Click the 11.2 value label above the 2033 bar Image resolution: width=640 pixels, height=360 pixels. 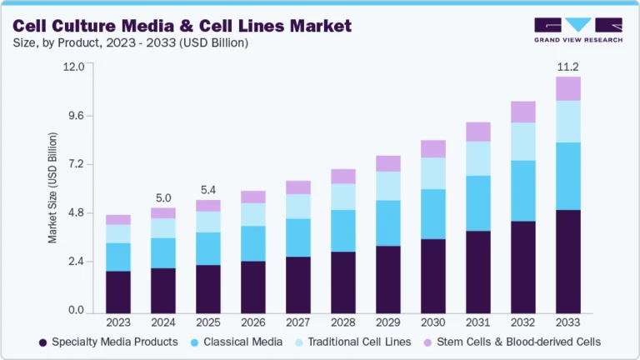pyautogui.click(x=568, y=67)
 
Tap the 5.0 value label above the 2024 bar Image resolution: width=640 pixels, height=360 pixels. pyautogui.click(x=163, y=197)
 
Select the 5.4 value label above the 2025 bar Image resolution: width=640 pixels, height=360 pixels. pyautogui.click(x=208, y=189)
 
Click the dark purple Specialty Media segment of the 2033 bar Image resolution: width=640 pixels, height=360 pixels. pyautogui.click(x=568, y=262)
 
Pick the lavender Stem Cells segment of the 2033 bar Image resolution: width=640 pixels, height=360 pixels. pyautogui.click(x=568, y=88)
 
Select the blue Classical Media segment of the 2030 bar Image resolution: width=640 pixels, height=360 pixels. pyautogui.click(x=433, y=214)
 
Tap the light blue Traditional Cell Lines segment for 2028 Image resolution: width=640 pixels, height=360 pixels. pyautogui.click(x=343, y=197)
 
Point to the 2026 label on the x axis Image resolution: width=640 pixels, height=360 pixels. pyautogui.click(x=253, y=323)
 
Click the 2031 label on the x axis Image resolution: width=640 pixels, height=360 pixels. pyautogui.click(x=478, y=323)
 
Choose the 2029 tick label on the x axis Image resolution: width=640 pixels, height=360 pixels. pyautogui.click(x=388, y=323)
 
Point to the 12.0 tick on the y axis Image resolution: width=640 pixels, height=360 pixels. pyautogui.click(x=73, y=67)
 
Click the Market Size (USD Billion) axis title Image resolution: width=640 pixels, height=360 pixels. pyautogui.click(x=52, y=187)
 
